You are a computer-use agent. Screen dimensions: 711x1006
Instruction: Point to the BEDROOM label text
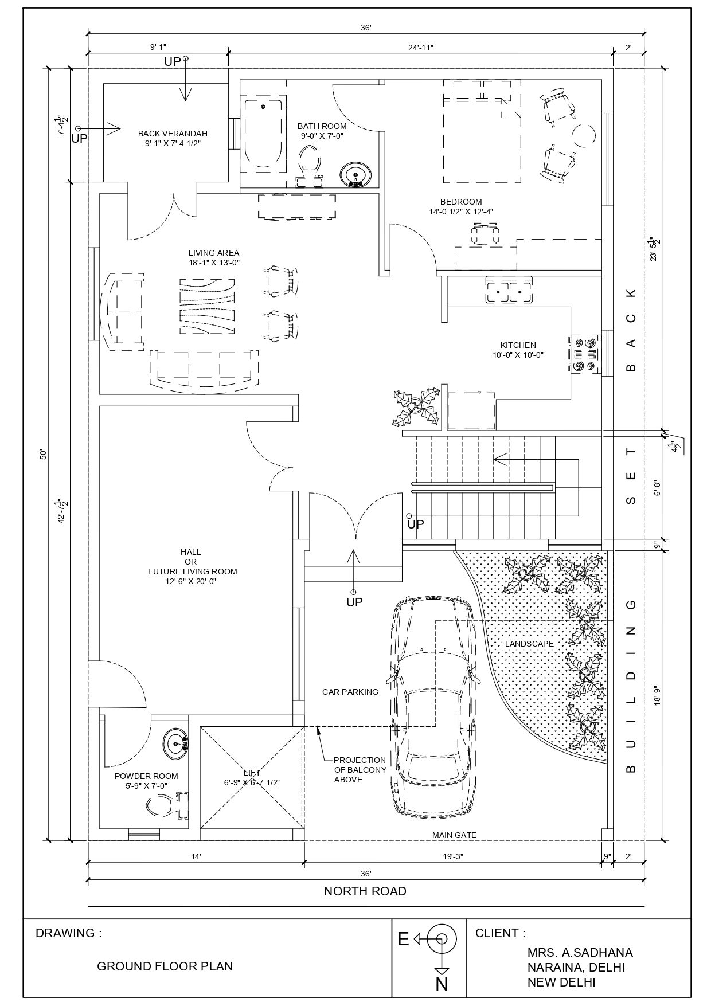(x=461, y=202)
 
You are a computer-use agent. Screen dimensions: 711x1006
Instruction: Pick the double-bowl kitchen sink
(x=509, y=291)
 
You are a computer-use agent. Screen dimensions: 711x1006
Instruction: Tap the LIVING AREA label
(x=214, y=253)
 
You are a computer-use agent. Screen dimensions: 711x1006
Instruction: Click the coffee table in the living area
(x=207, y=307)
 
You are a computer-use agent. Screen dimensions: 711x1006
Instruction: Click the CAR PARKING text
(x=350, y=692)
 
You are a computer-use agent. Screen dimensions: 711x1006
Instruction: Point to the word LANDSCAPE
(x=529, y=644)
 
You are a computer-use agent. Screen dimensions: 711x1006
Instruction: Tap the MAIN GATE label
(x=454, y=835)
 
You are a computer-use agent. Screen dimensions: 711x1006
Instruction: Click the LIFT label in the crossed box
(x=252, y=773)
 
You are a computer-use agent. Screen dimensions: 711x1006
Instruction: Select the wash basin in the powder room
(x=175, y=744)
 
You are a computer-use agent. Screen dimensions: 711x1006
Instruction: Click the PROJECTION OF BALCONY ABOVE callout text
(x=360, y=770)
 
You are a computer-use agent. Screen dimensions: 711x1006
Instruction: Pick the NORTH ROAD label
(x=365, y=891)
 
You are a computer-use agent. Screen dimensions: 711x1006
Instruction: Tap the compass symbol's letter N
(x=442, y=984)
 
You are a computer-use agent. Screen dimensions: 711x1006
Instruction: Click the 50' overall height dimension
(x=42, y=454)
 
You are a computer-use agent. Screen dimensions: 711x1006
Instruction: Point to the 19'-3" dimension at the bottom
(x=452, y=856)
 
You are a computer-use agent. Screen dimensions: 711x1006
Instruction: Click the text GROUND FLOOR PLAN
(x=165, y=966)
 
